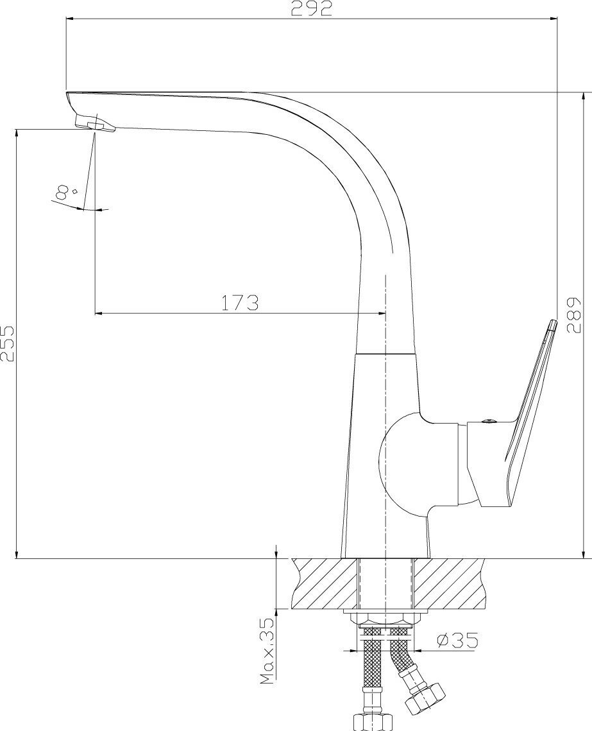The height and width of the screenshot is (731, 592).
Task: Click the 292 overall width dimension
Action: click(x=312, y=9)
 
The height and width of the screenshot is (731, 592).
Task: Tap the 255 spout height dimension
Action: click(x=8, y=343)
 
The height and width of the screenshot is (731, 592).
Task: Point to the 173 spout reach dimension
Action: click(x=239, y=303)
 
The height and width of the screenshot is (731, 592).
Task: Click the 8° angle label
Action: click(x=65, y=192)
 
